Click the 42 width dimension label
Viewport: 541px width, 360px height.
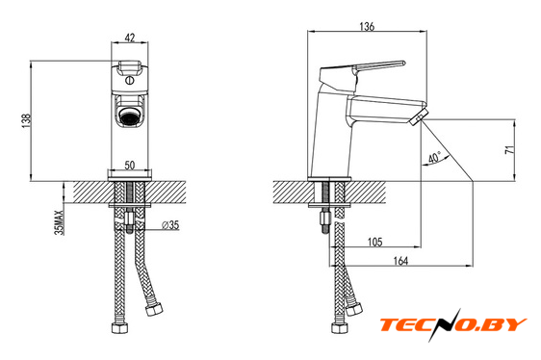coord(129,38)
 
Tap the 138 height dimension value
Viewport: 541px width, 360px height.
coord(27,121)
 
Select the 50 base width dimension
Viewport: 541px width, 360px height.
coord(130,165)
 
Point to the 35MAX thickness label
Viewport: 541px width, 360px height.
coord(60,222)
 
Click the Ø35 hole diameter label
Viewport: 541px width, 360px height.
coord(170,225)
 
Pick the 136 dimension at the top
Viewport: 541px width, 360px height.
coord(367,26)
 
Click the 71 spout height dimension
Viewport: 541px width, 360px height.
coord(509,149)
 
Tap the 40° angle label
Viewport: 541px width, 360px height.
coord(435,158)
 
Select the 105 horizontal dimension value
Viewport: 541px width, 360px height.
coord(374,242)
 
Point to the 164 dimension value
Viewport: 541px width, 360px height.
coord(400,261)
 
